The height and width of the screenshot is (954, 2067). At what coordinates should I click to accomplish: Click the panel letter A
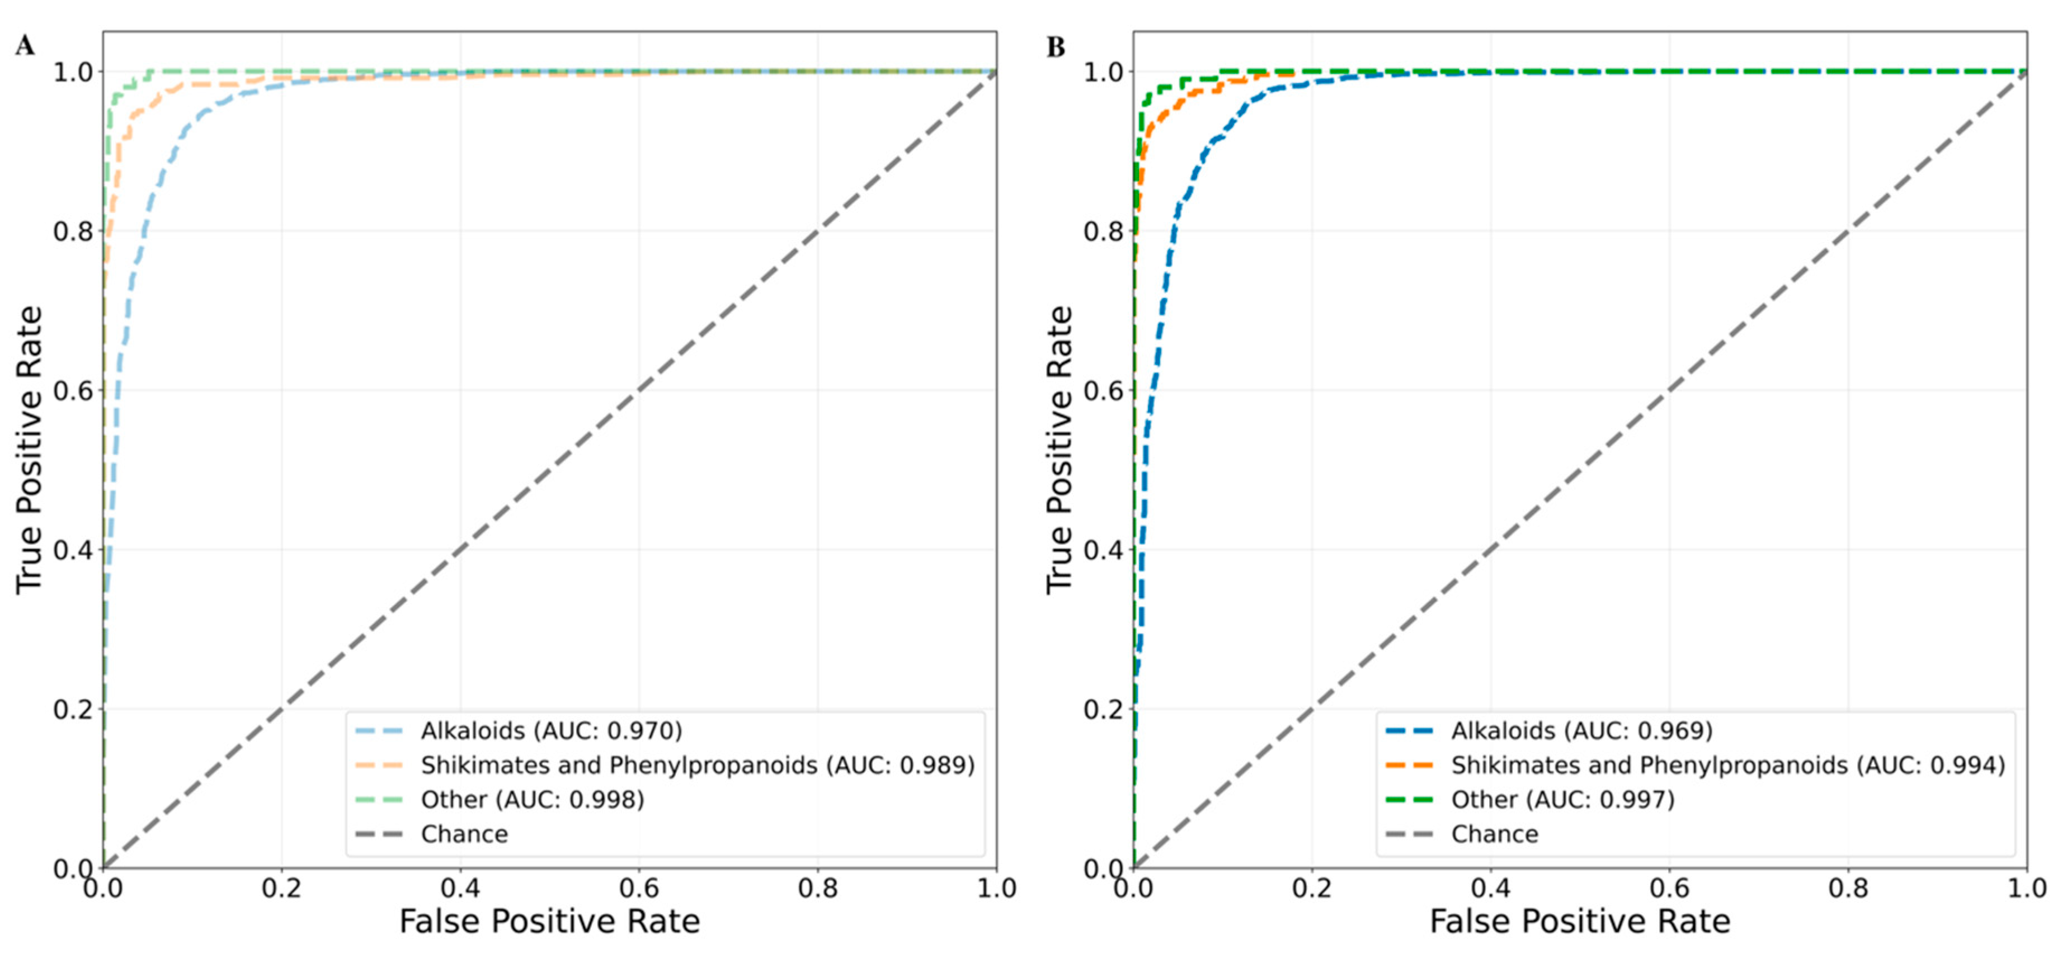(x=25, y=46)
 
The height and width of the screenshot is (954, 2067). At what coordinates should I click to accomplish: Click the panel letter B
(x=1056, y=48)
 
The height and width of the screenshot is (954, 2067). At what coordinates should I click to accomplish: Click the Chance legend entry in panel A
(x=464, y=834)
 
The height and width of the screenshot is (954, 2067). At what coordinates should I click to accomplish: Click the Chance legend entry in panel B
(x=1494, y=834)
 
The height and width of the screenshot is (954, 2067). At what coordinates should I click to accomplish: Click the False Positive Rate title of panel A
(x=550, y=921)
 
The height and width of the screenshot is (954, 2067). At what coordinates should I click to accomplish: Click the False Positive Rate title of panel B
(x=1580, y=921)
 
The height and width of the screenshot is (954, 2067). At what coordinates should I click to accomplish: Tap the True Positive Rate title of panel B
(x=1059, y=449)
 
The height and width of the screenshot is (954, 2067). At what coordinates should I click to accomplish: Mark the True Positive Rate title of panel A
(x=29, y=449)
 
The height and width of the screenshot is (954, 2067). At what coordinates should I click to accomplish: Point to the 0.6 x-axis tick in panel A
(x=639, y=888)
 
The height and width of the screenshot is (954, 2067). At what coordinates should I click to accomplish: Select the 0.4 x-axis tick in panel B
(x=1491, y=888)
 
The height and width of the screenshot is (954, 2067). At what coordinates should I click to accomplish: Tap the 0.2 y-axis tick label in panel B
(x=1103, y=709)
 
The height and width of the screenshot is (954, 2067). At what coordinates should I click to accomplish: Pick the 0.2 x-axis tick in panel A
(x=281, y=888)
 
